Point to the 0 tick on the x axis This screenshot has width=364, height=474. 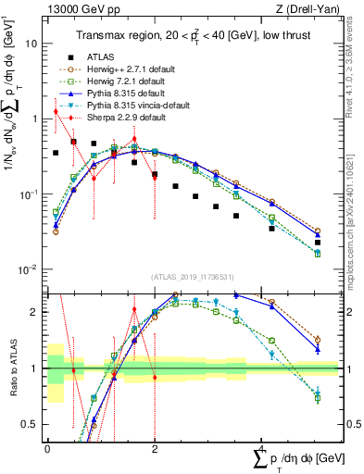(x=47, y=447)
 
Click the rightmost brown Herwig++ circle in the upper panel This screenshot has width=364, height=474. (x=318, y=231)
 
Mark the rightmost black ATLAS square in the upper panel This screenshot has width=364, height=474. (x=318, y=243)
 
